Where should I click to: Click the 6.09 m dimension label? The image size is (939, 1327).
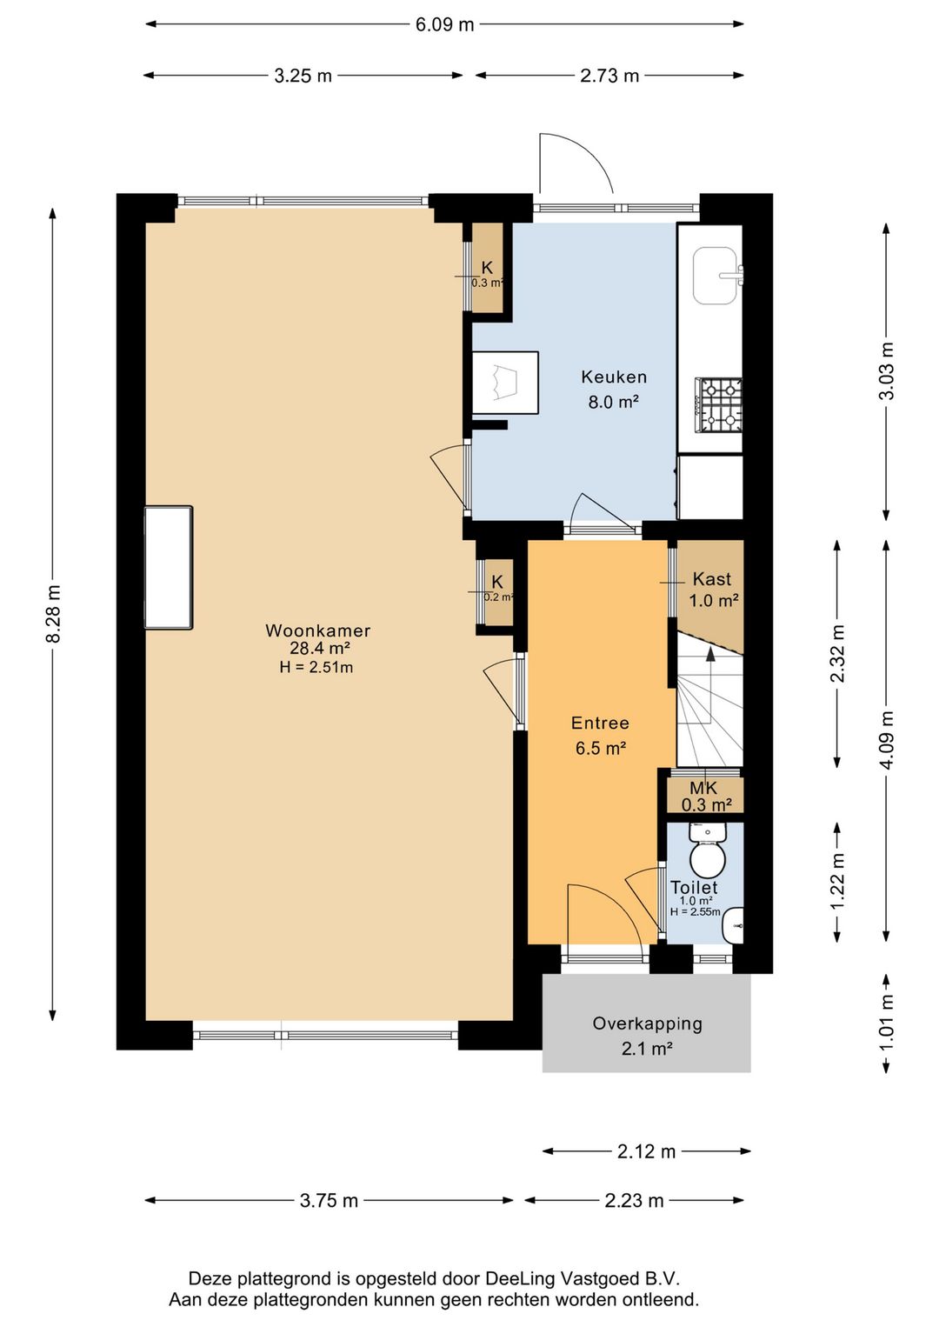[444, 24]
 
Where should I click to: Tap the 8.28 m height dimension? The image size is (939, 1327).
[53, 613]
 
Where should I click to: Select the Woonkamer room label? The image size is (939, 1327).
[317, 630]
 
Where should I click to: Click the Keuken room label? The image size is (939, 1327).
[613, 377]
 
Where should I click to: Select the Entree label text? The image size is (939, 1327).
[600, 723]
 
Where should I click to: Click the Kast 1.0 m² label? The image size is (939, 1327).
[713, 590]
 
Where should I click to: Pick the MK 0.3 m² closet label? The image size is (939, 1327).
[706, 796]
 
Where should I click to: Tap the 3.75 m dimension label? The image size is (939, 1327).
[329, 1201]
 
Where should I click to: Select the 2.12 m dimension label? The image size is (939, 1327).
[646, 1151]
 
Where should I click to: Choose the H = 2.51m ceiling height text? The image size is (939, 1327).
[316, 668]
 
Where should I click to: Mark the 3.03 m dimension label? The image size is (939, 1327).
[887, 371]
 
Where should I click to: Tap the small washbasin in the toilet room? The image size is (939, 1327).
[734, 925]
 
